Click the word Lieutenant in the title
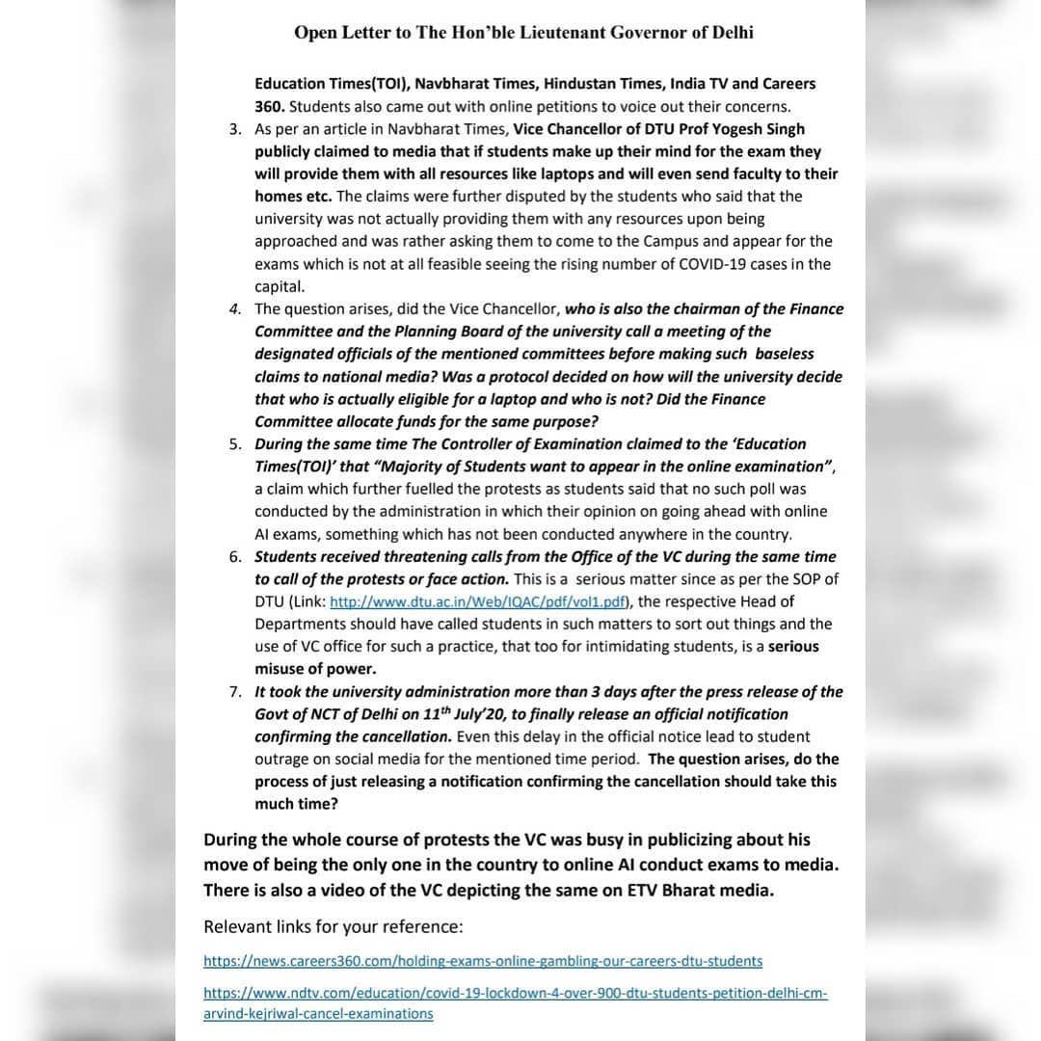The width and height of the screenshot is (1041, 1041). (x=535, y=33)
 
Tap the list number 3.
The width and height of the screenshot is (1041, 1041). (x=236, y=129)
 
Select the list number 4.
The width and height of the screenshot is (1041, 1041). (x=236, y=309)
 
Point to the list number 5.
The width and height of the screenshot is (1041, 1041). (x=236, y=444)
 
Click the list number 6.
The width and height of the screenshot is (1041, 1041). (x=236, y=557)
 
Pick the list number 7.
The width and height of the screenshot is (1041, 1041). (x=236, y=692)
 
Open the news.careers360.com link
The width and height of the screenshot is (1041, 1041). (x=482, y=961)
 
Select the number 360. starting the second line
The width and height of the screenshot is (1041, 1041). (x=270, y=107)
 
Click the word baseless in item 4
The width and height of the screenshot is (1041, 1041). (x=785, y=354)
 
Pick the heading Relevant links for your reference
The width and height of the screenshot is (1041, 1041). (x=334, y=927)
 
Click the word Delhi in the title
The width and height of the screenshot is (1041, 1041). (x=733, y=33)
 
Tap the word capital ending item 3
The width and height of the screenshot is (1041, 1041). (x=280, y=286)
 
